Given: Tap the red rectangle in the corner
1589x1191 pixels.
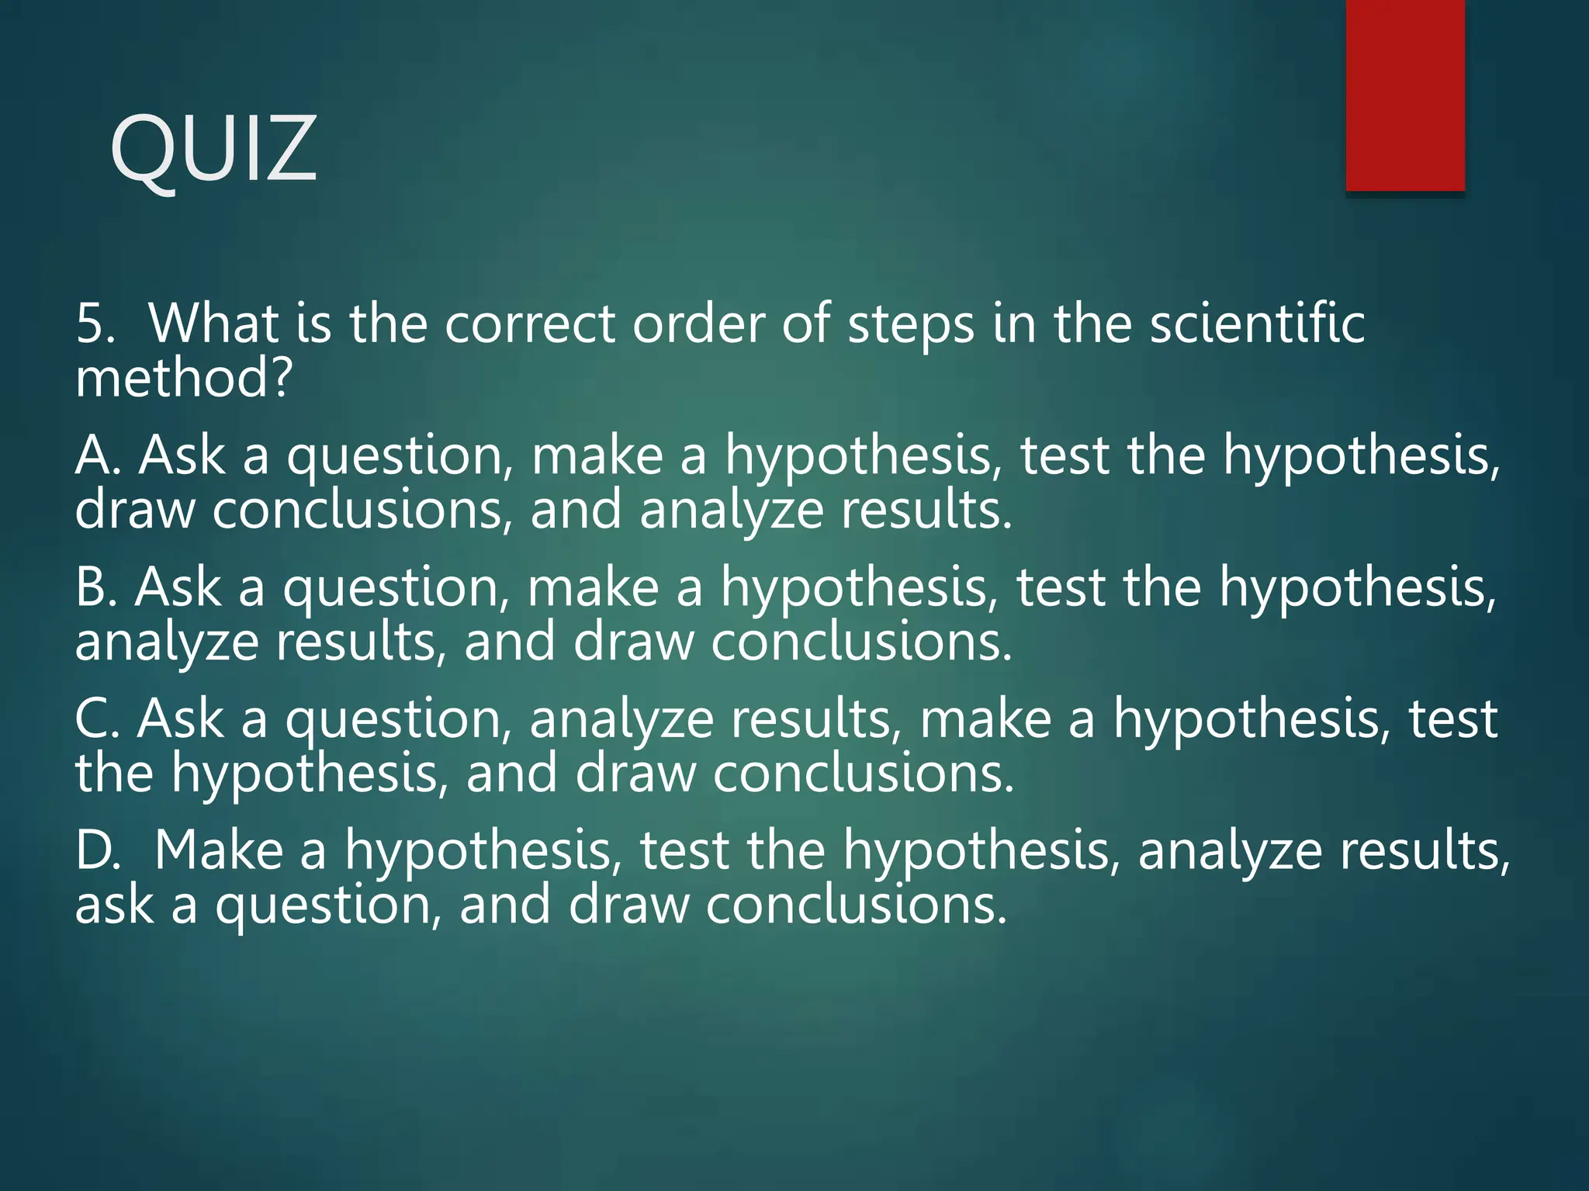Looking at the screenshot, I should point(1405,95).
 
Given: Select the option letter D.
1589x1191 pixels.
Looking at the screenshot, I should point(97,850).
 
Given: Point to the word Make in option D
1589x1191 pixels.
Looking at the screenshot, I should point(219,850).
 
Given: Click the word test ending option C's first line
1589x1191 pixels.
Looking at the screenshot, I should point(1452,719).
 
